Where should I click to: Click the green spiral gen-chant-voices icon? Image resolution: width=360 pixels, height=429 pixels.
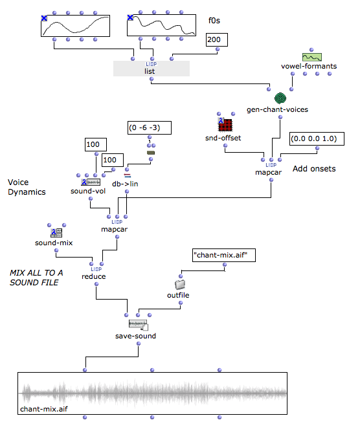click(280, 98)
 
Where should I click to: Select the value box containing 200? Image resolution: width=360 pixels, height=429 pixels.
click(217, 40)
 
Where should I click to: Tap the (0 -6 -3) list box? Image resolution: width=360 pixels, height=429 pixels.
click(150, 127)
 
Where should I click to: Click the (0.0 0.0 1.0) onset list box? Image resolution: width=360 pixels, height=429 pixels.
click(317, 138)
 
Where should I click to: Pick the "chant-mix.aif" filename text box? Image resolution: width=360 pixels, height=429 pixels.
click(224, 256)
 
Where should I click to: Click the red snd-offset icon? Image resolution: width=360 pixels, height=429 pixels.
click(225, 124)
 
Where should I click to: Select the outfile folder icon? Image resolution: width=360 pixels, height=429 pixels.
click(180, 285)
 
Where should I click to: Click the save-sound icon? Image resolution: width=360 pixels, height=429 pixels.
click(139, 325)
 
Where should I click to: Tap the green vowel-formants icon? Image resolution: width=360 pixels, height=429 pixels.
click(312, 57)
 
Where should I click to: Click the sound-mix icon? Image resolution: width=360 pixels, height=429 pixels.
click(56, 233)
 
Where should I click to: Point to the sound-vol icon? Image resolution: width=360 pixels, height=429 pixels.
click(91, 182)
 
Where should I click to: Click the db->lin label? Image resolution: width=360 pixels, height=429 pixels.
click(125, 184)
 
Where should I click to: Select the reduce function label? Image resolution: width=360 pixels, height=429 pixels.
click(94, 276)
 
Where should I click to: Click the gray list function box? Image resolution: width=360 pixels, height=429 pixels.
click(152, 69)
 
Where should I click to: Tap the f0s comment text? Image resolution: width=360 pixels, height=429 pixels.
click(214, 21)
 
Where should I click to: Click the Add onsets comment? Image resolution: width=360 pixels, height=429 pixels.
click(314, 168)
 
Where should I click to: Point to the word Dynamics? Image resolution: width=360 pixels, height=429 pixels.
click(27, 192)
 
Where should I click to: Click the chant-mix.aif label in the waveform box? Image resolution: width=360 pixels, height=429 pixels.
click(44, 409)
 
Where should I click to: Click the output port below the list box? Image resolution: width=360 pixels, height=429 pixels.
click(152, 79)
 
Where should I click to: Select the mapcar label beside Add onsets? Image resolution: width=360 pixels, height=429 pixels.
click(268, 172)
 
